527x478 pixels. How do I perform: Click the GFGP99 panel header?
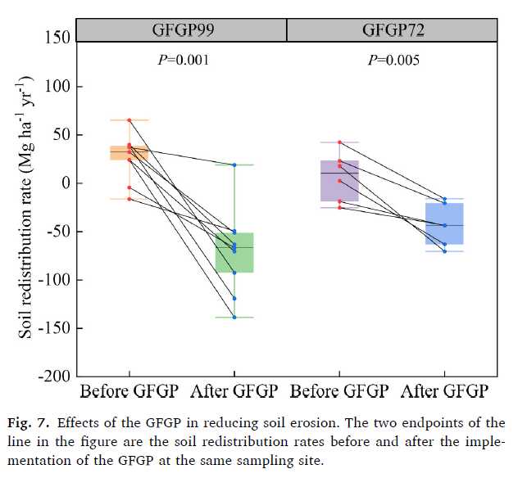click(181, 30)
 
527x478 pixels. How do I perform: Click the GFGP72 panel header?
click(391, 30)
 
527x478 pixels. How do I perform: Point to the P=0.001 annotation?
click(181, 61)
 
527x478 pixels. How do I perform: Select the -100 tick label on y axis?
click(53, 280)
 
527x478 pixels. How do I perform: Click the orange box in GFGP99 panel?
click(129, 153)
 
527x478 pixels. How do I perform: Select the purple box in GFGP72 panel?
click(339, 181)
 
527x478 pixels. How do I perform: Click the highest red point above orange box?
click(129, 120)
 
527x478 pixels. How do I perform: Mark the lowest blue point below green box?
click(234, 317)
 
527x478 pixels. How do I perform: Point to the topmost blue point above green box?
click(234, 165)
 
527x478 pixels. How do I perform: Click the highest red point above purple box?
click(339, 142)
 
